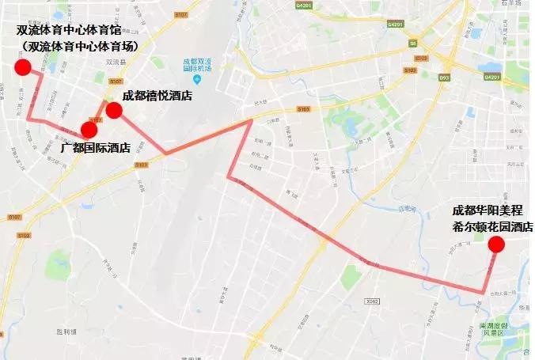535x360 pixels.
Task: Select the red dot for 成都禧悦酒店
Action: click(x=114, y=111)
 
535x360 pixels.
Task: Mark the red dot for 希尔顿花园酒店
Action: click(x=496, y=244)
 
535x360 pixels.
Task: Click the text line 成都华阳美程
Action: click(x=489, y=210)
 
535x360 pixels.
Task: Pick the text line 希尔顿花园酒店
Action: click(x=488, y=226)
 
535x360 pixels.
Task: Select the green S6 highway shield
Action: click(x=412, y=44)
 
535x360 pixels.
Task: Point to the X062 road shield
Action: click(x=372, y=301)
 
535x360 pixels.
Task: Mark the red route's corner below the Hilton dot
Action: click(x=481, y=293)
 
